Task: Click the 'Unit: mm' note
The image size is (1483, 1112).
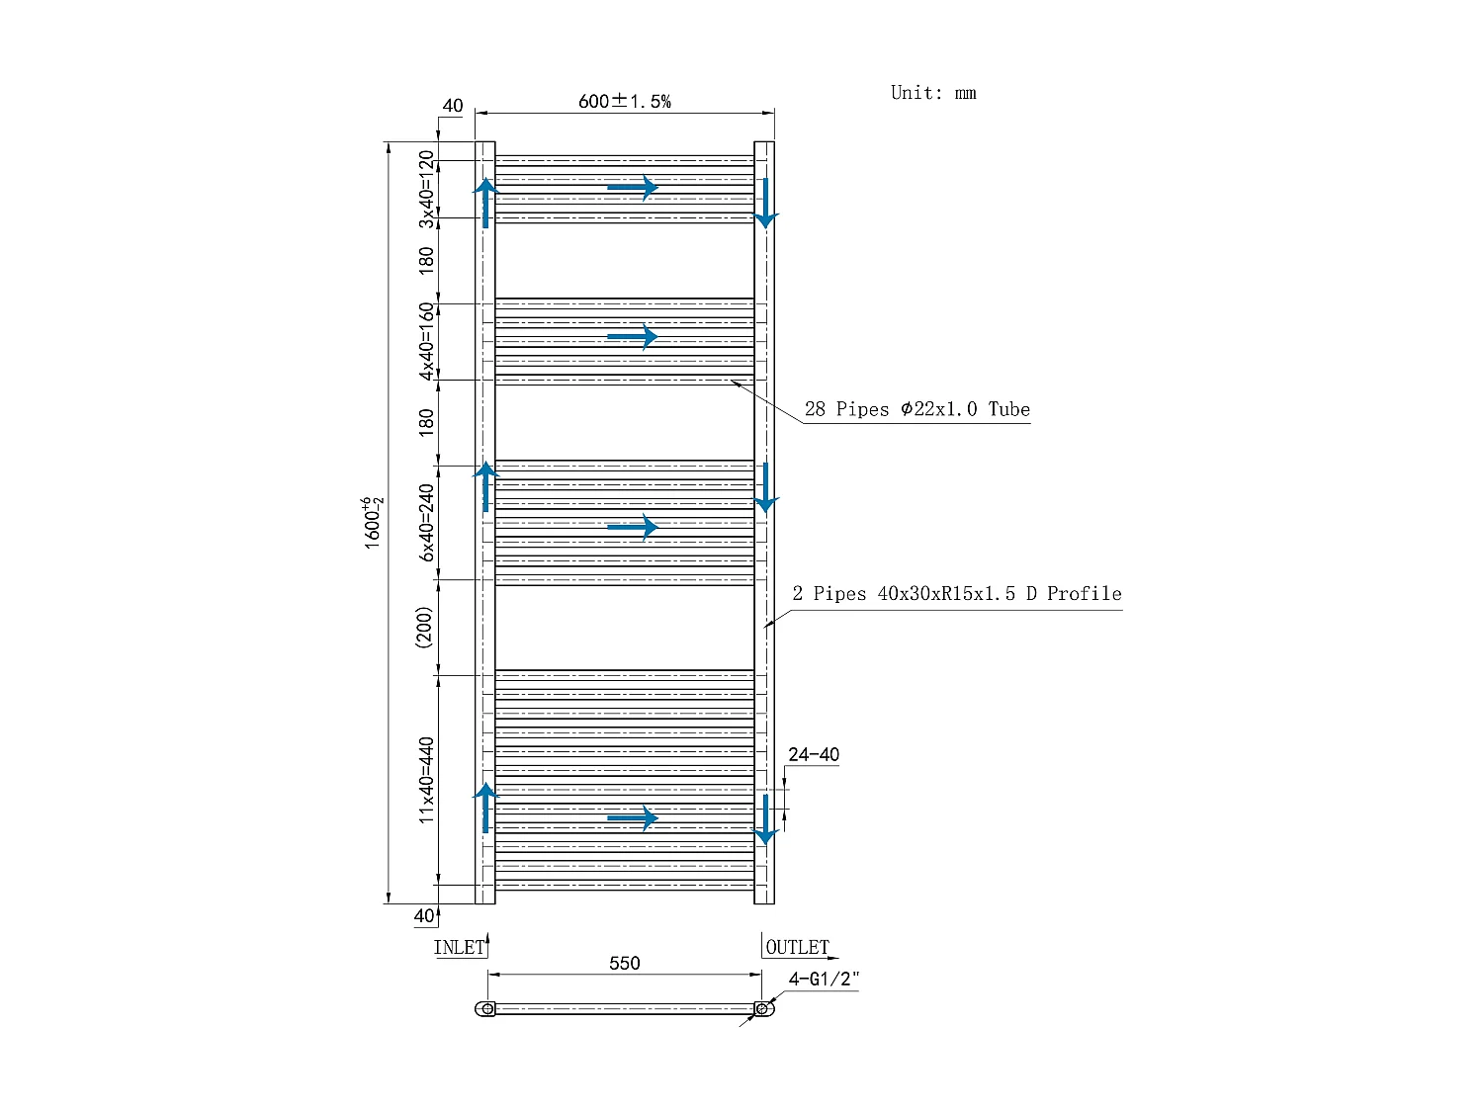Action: pos(933,93)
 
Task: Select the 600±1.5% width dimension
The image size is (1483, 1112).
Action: pos(624,101)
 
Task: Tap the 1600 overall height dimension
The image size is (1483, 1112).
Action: pos(372,523)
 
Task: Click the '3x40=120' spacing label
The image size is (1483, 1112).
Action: pos(426,189)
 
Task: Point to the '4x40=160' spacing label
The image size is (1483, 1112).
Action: pos(426,342)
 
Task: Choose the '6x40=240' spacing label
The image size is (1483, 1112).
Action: pos(426,523)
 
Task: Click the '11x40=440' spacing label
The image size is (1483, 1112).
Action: pos(426,780)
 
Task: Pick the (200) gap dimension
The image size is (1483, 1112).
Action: pos(423,628)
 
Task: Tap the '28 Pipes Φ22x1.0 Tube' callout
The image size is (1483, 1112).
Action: pos(916,409)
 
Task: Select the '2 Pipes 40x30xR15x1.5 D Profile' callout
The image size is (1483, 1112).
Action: pos(957,593)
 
